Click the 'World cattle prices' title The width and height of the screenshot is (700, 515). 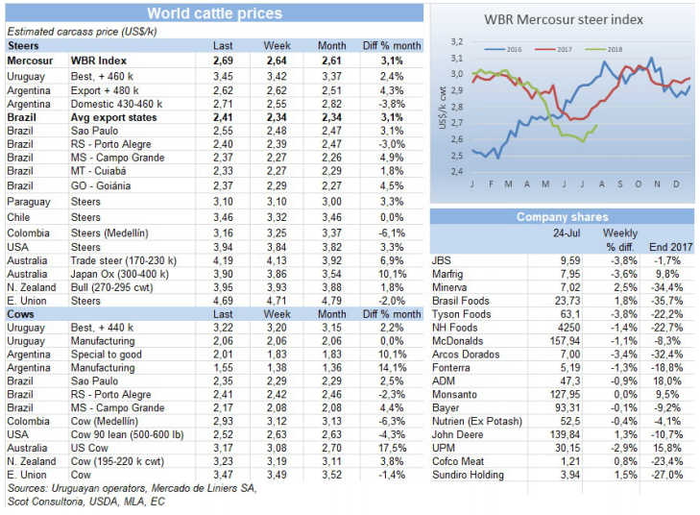pyautogui.click(x=214, y=13)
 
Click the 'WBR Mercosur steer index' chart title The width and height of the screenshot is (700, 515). pyautogui.click(x=564, y=18)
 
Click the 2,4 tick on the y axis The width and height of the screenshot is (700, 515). pyautogui.click(x=457, y=171)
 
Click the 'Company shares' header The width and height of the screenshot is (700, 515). pyautogui.click(x=562, y=217)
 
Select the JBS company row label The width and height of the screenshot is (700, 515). pyautogui.click(x=443, y=259)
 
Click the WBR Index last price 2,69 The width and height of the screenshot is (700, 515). pyautogui.click(x=223, y=60)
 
